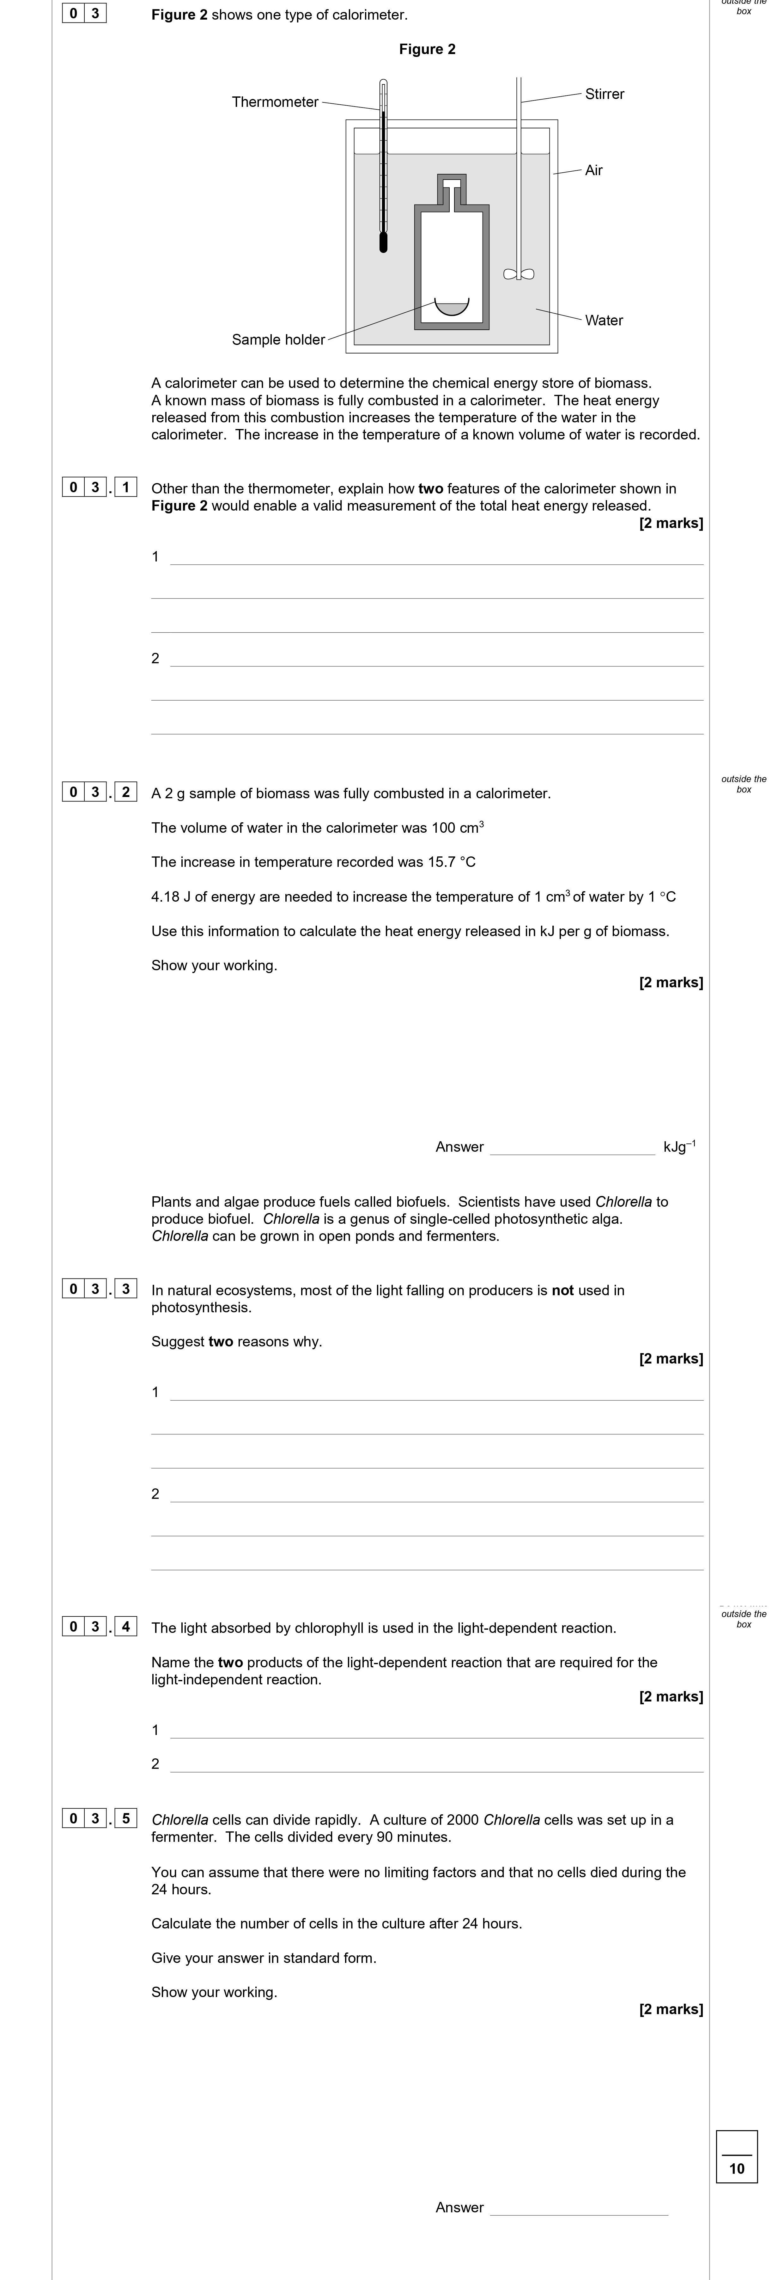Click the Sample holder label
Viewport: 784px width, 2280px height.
(x=278, y=340)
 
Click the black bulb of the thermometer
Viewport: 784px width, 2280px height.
(x=383, y=242)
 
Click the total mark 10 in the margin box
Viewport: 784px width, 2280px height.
(x=737, y=2168)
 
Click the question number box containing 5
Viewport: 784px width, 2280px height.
(x=126, y=1819)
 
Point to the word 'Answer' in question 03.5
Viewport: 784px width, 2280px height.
(x=459, y=2207)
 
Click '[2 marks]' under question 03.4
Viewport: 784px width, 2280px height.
(x=671, y=1697)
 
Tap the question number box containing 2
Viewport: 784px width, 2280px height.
(x=126, y=792)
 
